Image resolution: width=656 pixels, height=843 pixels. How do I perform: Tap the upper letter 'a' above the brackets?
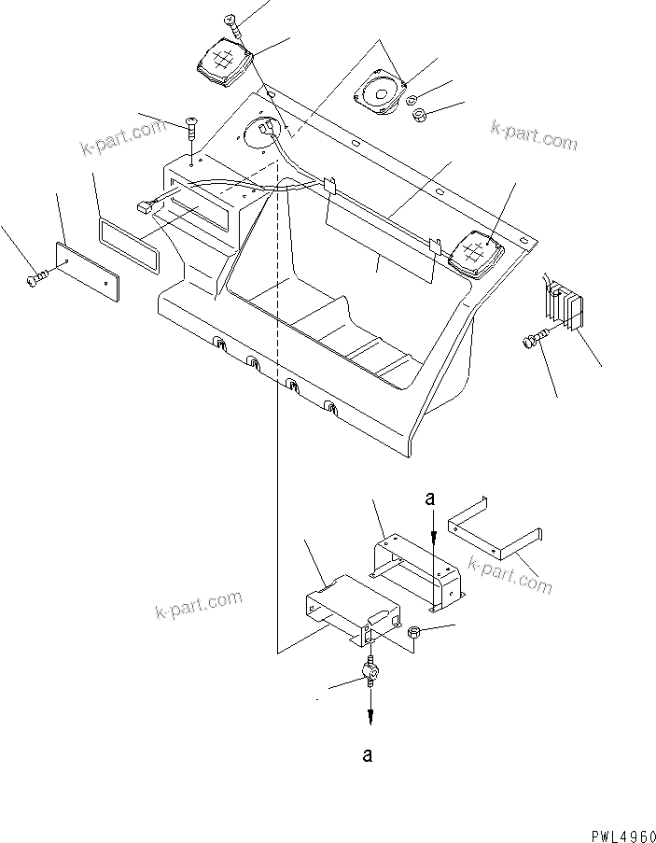[x=430, y=500]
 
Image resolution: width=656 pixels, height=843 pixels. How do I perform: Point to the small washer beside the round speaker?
[x=412, y=100]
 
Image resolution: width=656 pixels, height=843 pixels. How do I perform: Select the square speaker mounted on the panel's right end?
[x=477, y=251]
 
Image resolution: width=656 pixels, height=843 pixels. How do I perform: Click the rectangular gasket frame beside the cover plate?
[x=129, y=236]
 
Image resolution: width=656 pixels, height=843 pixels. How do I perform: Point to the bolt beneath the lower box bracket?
[x=370, y=672]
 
